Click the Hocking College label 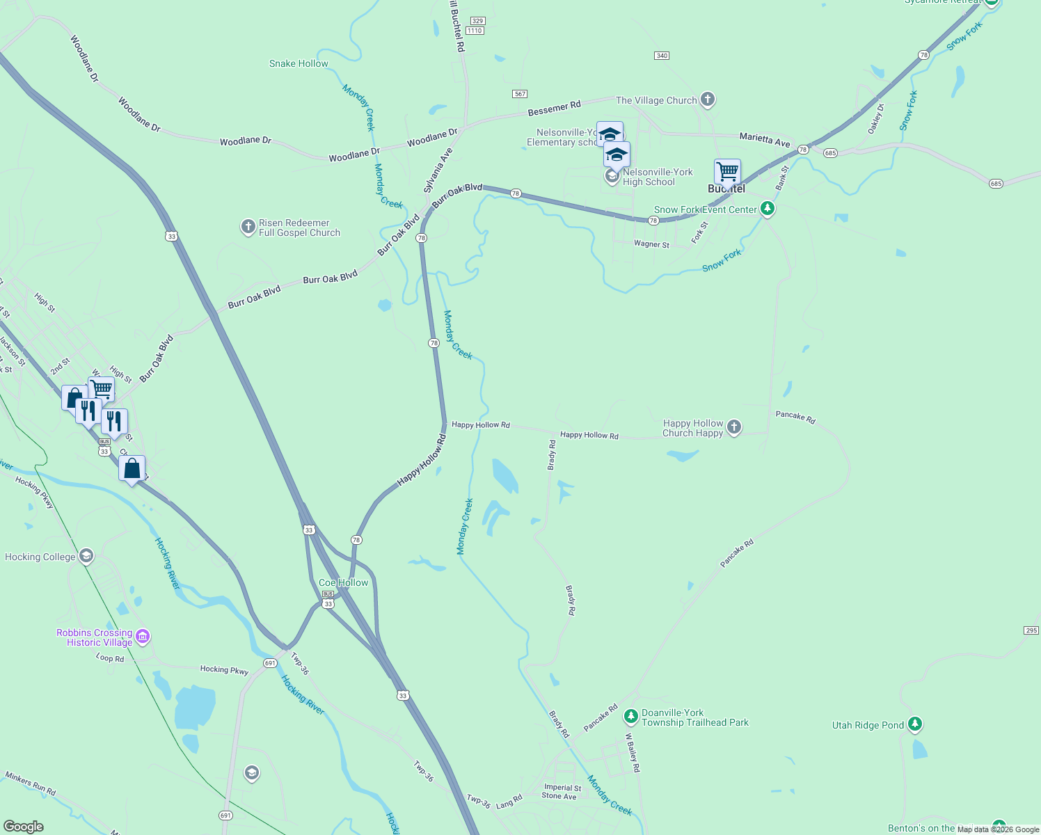pos(40,557)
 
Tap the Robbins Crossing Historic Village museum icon pos(143,637)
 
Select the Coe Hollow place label pos(344,582)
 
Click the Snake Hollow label pos(299,63)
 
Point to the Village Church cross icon pos(708,100)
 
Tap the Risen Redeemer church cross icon pos(248,227)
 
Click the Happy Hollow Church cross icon pos(734,427)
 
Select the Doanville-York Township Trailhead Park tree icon pos(630,716)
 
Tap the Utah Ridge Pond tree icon pos(915,724)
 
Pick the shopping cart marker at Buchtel pos(727,171)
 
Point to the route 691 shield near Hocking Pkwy pos(270,663)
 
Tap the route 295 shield pos(1031,630)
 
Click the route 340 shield pos(662,56)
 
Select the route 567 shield pos(519,94)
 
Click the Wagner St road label pos(651,244)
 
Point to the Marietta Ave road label pos(765,139)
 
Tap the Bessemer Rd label pos(554,108)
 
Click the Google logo pos(24,826)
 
